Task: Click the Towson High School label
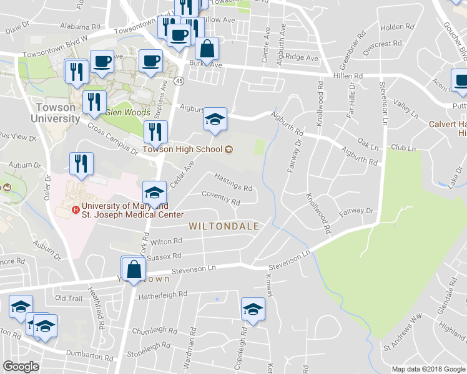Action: (x=182, y=149)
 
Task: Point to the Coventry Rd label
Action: (x=220, y=199)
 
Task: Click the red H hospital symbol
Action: (x=76, y=209)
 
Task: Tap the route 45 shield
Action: (x=179, y=81)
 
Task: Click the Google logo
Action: (x=21, y=367)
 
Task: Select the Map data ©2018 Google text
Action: (x=428, y=369)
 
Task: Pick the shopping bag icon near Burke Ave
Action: (x=207, y=49)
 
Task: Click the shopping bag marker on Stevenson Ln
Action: (x=134, y=269)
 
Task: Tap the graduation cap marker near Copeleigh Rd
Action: (x=253, y=309)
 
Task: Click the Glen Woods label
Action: (x=127, y=113)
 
